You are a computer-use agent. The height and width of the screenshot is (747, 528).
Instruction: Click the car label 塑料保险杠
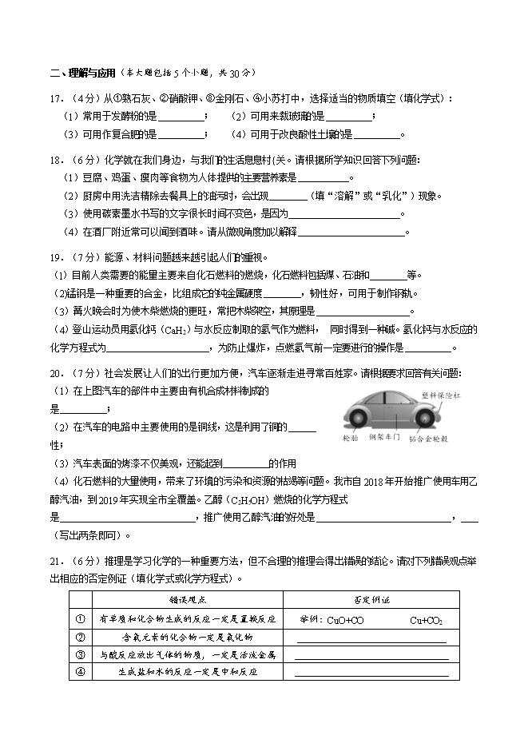(442, 395)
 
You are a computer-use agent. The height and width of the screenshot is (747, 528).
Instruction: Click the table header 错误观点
(187, 600)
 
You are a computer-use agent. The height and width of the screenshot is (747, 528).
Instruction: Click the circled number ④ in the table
(80, 672)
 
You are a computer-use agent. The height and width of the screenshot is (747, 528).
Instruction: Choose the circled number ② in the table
(80, 637)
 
